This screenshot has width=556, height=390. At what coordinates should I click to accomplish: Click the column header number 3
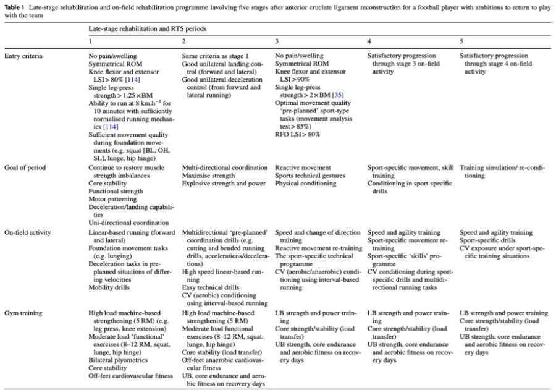click(x=277, y=40)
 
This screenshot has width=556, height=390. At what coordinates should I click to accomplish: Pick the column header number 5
click(x=461, y=40)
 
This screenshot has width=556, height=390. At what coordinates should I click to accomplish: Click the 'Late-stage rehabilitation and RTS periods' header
click(x=147, y=28)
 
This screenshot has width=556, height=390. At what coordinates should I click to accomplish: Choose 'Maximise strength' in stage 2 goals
click(x=209, y=176)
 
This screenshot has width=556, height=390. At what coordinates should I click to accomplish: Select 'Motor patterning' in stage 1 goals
click(x=112, y=200)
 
